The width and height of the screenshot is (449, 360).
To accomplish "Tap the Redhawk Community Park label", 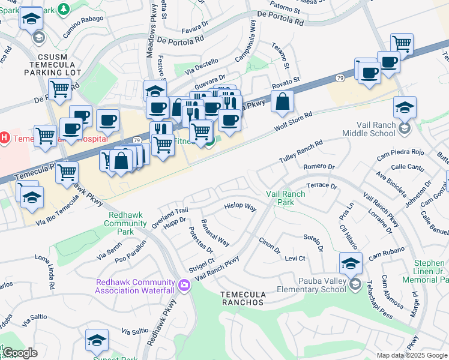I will (125, 219).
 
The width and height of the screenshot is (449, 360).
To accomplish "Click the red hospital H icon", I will (5, 138).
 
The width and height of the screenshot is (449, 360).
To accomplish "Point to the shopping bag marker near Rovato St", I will (282, 103).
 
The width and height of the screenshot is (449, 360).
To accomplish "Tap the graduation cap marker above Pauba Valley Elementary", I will (351, 263).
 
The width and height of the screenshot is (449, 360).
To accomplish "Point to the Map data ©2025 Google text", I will (411, 355).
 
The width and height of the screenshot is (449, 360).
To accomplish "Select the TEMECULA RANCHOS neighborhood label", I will (242, 298).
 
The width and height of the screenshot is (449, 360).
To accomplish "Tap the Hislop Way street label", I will (240, 208).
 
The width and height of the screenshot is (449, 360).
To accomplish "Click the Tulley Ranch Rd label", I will (301, 152).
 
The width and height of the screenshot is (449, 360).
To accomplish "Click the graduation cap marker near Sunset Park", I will (97, 340).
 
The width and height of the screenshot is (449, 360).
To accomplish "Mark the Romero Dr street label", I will (319, 166).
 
